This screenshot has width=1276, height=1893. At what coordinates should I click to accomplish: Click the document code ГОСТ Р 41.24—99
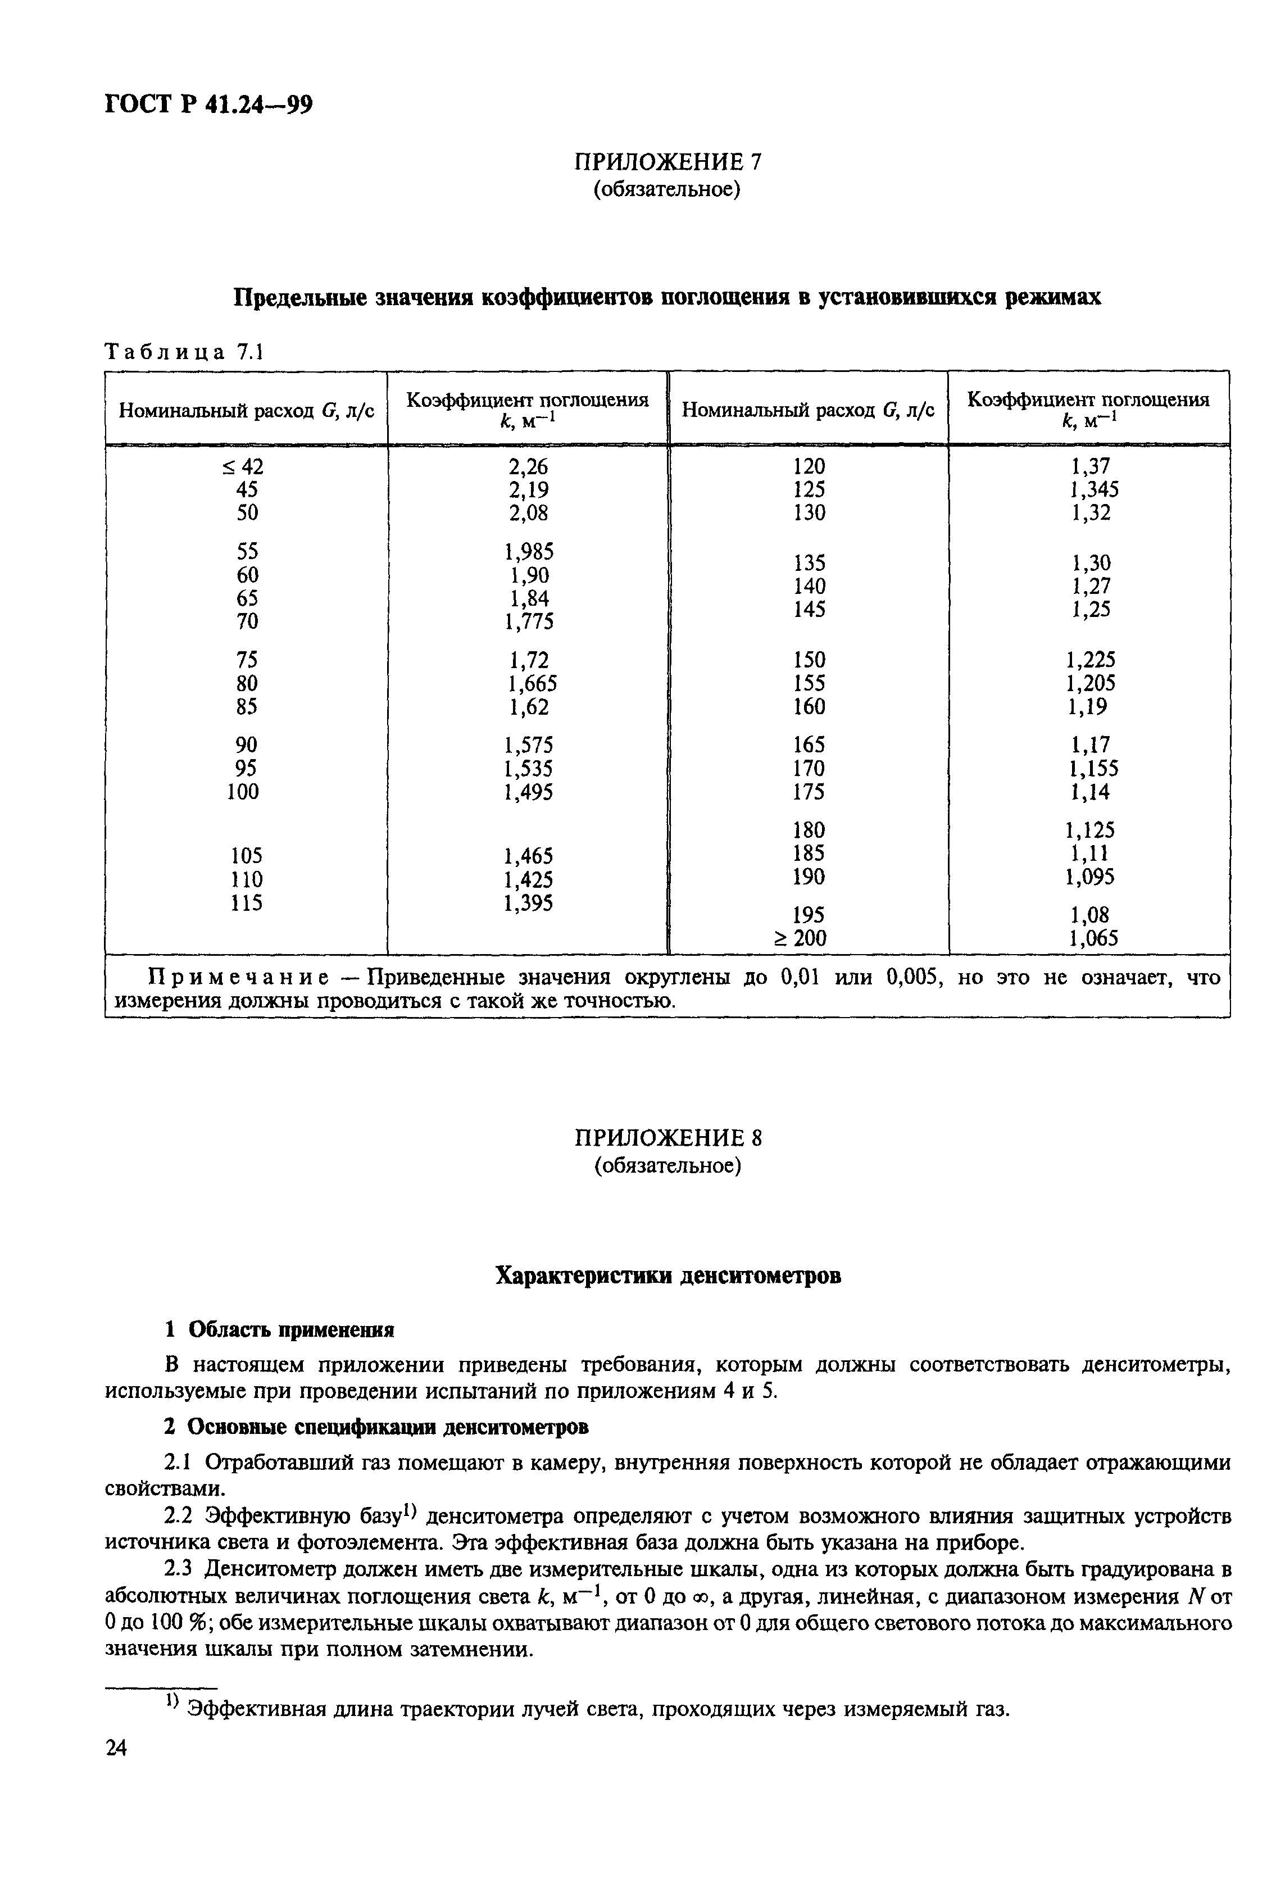208,105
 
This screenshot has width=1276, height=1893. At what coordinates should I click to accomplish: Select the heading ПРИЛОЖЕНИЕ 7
667,162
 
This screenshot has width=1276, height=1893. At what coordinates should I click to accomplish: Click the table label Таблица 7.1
185,352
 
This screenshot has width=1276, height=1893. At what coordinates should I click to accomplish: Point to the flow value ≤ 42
243,466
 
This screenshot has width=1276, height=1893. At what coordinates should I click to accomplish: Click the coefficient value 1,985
529,552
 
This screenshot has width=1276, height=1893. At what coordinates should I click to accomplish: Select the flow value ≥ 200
800,938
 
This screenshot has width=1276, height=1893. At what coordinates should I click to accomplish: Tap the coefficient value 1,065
1093,938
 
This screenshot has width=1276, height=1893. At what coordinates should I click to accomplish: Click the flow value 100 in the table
243,791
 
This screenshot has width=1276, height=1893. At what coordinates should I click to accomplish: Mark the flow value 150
809,659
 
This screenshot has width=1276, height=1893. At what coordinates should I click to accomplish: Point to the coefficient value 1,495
529,791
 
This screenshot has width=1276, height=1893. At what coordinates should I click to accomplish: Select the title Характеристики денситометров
668,1275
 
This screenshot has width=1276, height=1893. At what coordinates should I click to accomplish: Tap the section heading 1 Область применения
279,1330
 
